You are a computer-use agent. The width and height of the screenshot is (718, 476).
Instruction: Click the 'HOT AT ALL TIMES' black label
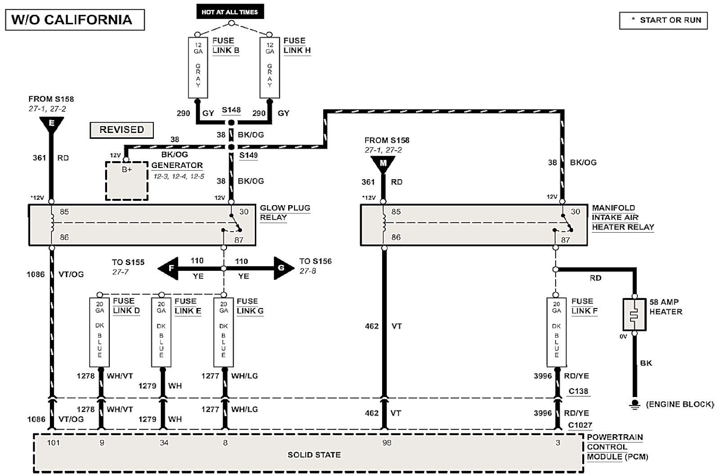[x=230, y=12]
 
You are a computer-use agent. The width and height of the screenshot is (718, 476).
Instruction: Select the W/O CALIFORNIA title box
[x=75, y=20]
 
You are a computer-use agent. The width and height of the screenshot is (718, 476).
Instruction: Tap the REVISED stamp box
[x=121, y=130]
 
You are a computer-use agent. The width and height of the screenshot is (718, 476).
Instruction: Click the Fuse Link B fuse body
[x=198, y=68]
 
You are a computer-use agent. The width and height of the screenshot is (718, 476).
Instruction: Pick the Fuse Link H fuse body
[x=270, y=68]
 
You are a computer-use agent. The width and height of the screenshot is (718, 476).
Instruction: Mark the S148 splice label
[x=231, y=110]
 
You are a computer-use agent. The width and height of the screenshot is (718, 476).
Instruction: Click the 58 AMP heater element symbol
[x=634, y=315]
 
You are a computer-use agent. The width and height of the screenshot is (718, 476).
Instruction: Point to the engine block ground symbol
[x=635, y=404]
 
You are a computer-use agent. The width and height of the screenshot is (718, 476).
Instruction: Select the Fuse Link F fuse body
[x=557, y=332]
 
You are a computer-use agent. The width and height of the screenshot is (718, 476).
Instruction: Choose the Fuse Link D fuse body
[x=99, y=332]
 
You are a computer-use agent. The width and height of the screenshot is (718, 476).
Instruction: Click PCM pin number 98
[x=387, y=443]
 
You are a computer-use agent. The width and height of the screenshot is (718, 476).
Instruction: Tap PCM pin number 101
[x=54, y=443]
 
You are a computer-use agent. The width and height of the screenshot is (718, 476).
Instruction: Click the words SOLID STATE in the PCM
[x=314, y=455]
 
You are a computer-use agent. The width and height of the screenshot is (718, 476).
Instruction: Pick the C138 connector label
[x=578, y=391]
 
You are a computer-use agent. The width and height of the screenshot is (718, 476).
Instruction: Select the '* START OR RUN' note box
[x=663, y=21]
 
